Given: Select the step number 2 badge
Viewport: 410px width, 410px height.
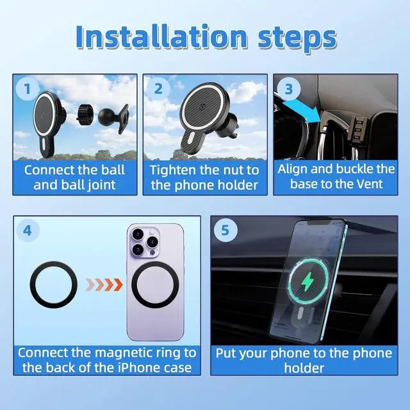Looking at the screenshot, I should point(158,89).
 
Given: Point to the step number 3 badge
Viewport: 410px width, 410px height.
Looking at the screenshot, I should point(288,89).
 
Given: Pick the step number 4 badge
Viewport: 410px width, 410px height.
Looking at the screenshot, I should point(28,230).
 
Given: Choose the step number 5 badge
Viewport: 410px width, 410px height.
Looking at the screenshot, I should point(224,230).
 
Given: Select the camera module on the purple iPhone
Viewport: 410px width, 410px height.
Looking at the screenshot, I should point(140,244).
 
